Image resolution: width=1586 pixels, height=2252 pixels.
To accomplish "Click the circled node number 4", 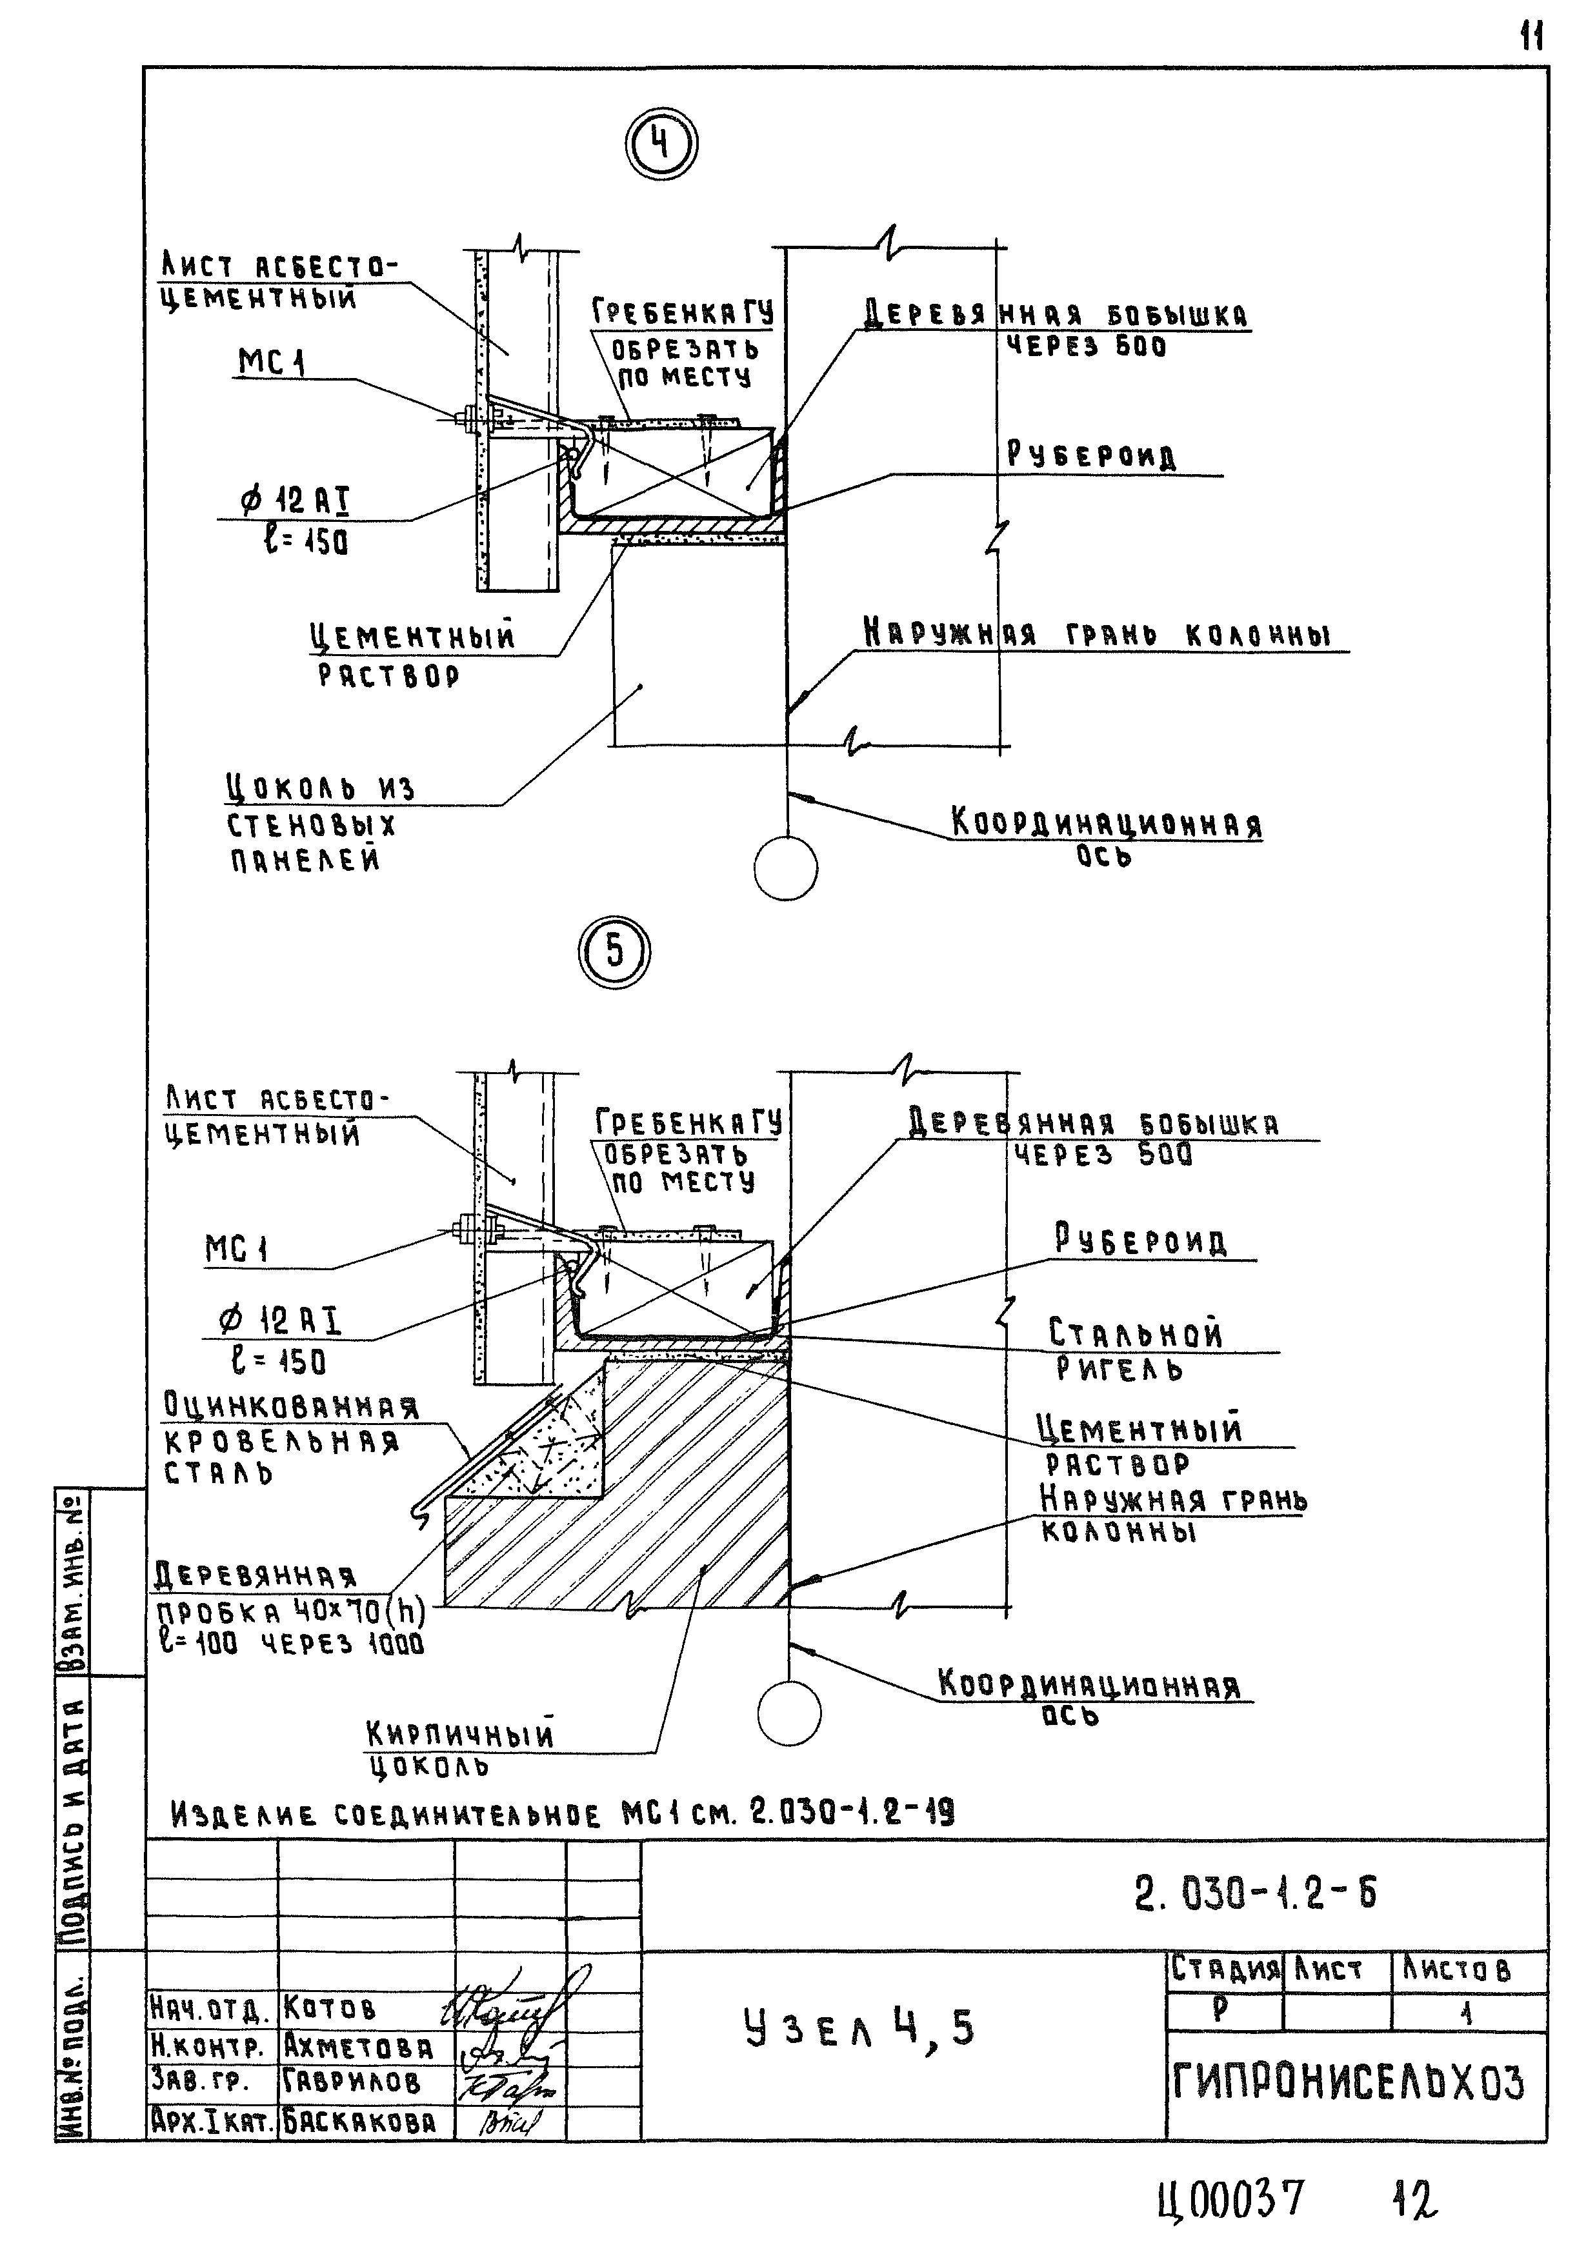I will (661, 145).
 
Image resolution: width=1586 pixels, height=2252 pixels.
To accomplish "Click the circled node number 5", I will (614, 952).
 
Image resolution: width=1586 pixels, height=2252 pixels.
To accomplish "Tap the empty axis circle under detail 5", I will (788, 1713).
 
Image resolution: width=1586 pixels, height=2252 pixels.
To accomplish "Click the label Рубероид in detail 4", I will (1090, 456).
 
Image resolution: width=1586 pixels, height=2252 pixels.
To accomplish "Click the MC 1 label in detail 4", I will (272, 363).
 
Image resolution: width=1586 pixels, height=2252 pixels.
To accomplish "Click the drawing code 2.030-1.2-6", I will (1256, 1894).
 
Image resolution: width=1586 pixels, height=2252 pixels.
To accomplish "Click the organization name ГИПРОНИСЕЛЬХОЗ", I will (1349, 2082).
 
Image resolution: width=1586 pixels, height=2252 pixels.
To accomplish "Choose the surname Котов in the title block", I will (330, 2008).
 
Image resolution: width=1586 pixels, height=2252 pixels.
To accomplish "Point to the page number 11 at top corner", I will (1532, 37).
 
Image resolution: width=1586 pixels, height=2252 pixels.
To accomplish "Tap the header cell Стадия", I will (1225, 1969).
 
